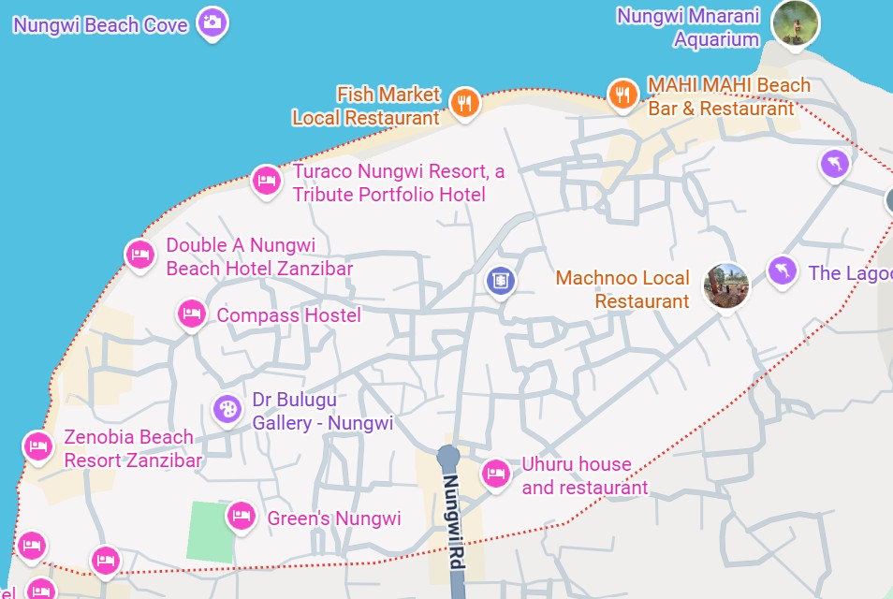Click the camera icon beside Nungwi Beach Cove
212,22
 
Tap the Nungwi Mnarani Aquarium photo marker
795,22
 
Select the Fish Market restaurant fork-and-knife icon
464,101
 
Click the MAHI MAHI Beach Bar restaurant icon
622,94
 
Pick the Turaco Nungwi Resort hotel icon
267,180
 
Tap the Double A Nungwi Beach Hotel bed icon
140,254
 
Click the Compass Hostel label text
288,315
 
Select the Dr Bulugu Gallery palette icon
227,408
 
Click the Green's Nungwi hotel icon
241,515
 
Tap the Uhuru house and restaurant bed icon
495,474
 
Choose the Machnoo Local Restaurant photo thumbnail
726,285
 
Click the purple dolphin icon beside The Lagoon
781,271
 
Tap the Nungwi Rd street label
454,524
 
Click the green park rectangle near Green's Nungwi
211,532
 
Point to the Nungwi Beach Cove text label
100,25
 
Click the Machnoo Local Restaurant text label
622,289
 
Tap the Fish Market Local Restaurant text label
366,106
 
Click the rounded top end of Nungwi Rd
448,456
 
